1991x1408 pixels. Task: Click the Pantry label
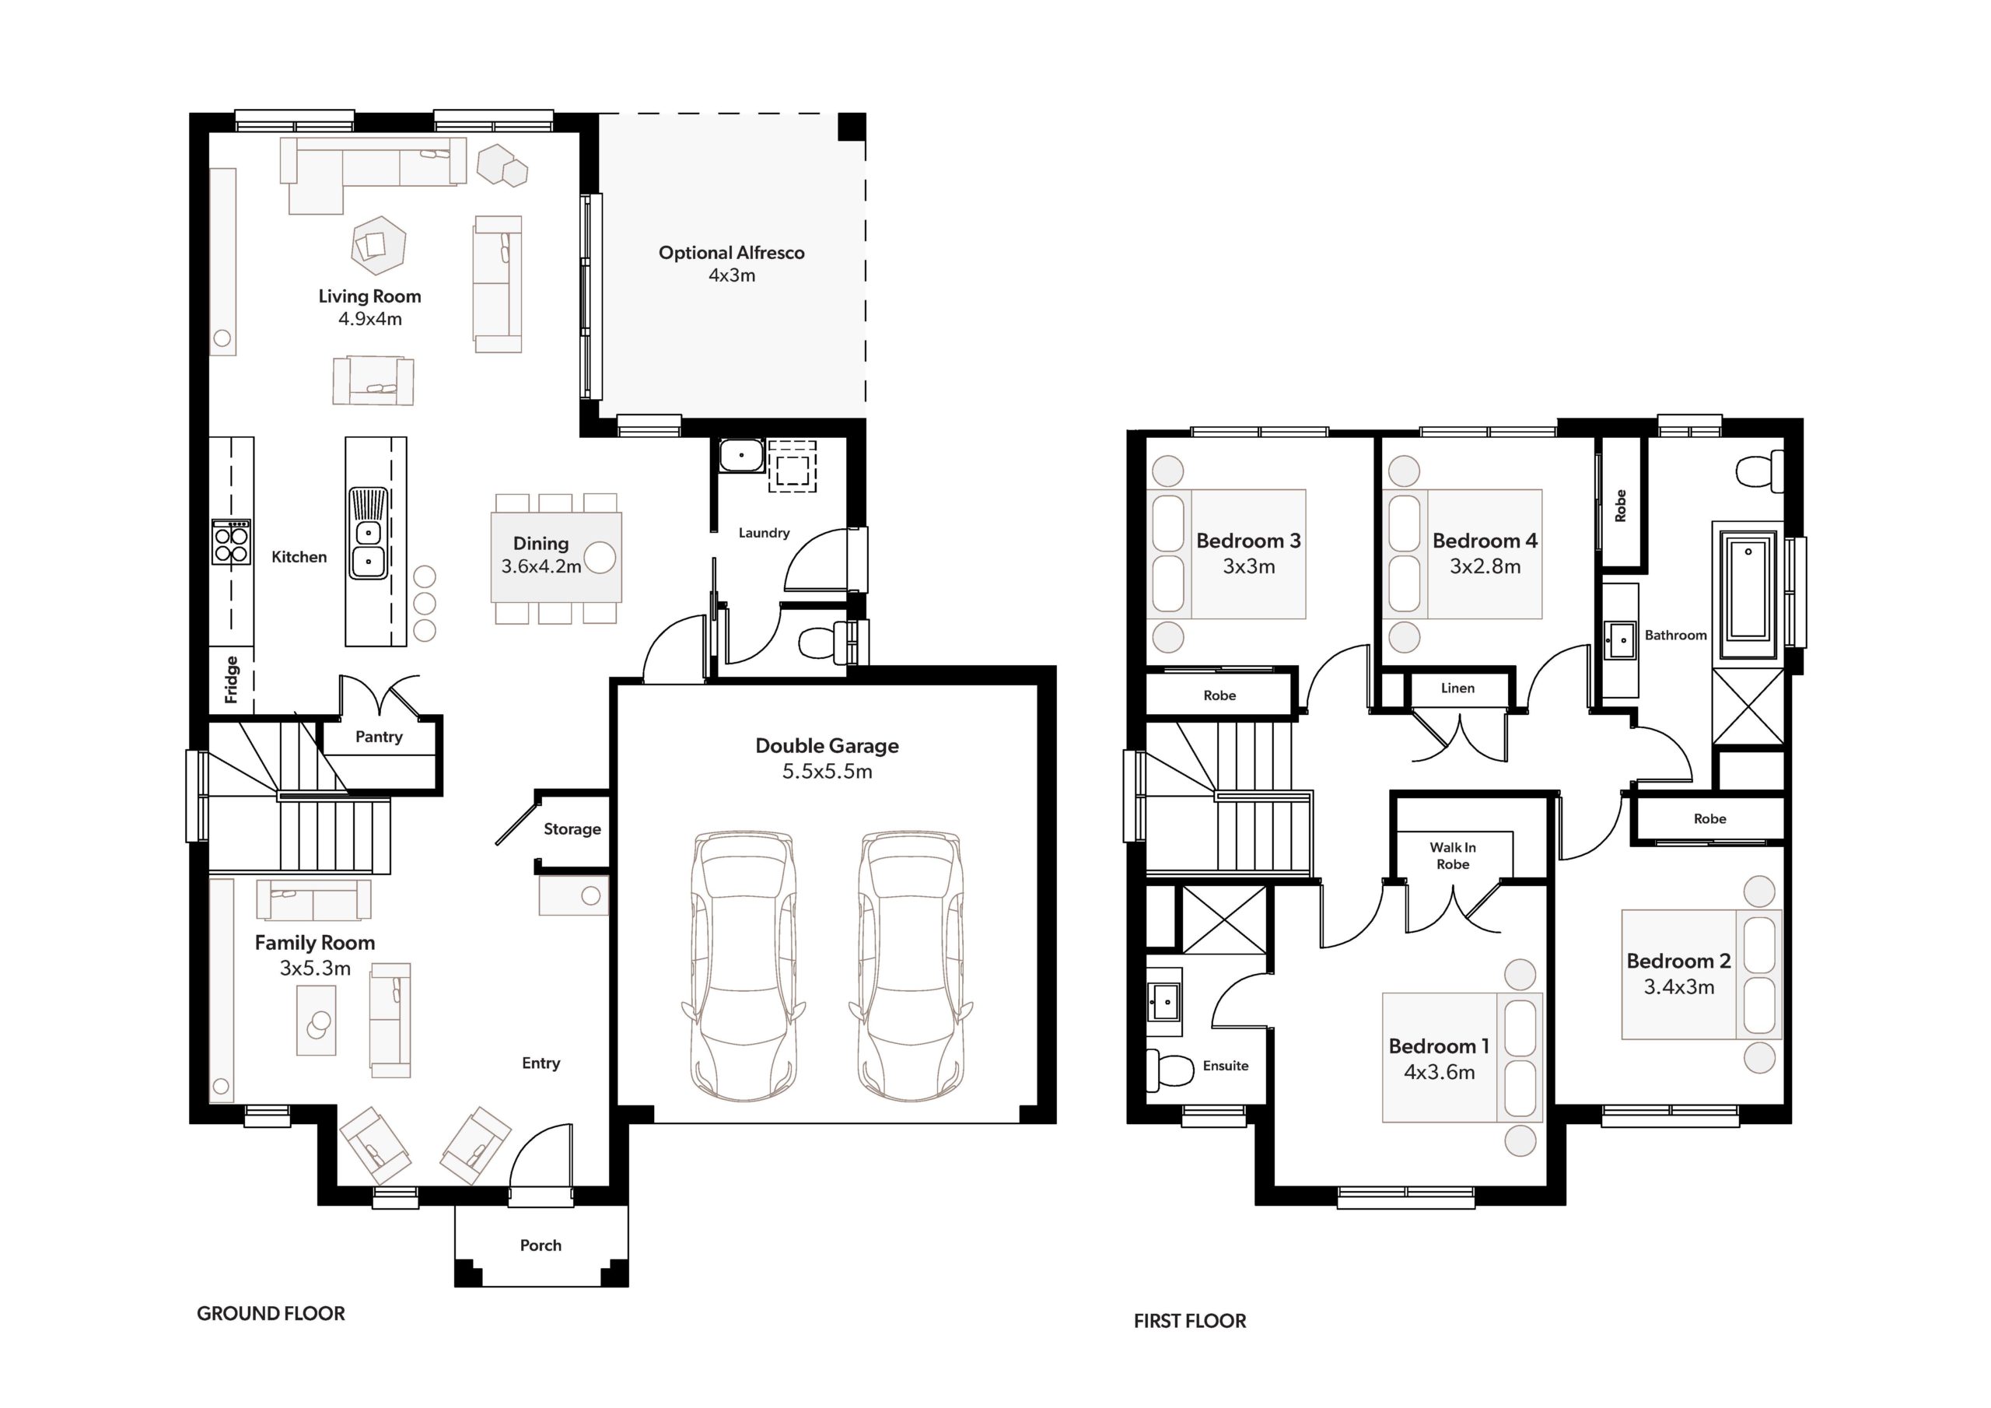pos(379,737)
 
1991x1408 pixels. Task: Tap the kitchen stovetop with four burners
pos(232,542)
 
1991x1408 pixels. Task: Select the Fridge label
pos(232,679)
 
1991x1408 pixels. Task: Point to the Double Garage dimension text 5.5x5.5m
pos(828,771)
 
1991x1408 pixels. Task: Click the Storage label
pos(572,829)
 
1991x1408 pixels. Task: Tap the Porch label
pos(541,1245)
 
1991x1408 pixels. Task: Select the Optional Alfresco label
pos(732,253)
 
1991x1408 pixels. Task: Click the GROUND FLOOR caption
pos(271,1313)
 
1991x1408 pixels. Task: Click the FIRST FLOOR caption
pos(1190,1321)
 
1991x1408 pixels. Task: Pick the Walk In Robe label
pos(1453,856)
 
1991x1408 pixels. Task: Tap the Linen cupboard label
pos(1457,688)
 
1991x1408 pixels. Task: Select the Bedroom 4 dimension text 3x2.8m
pos(1485,566)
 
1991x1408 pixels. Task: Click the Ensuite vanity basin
pos(1163,1002)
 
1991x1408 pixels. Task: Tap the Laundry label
pos(764,533)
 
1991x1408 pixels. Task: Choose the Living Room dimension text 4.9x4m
pos(370,318)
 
